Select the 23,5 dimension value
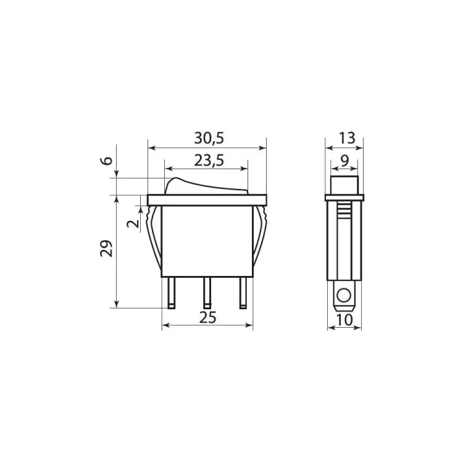(207, 161)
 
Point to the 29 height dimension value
(107, 249)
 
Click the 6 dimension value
(107, 162)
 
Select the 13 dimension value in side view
(348, 138)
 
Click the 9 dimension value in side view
(344, 161)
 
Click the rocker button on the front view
(207, 186)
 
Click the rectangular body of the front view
(207, 241)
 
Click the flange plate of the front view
(207, 200)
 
